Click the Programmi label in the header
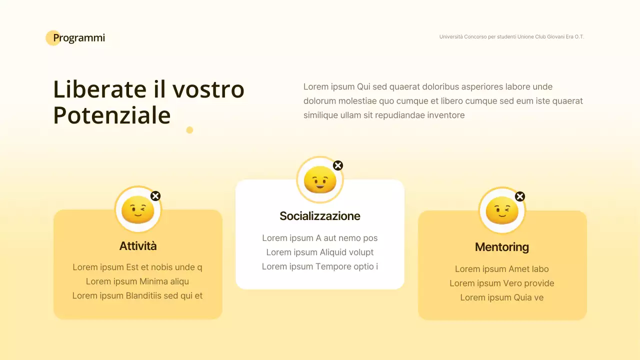point(78,38)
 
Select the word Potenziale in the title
point(112,115)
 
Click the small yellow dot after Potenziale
point(189,130)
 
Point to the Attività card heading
point(138,246)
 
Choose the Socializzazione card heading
point(320,216)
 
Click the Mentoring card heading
point(502,247)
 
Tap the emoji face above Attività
point(138,209)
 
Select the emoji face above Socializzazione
point(320,180)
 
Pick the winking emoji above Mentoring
point(502,210)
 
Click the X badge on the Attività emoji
point(155,196)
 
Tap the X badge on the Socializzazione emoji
point(338,165)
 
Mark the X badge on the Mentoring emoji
point(520,196)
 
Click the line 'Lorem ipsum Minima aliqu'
point(137,281)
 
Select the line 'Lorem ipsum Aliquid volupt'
point(320,252)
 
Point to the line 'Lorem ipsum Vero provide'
point(502,283)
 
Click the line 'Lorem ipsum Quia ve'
point(502,297)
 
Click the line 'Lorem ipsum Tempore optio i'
point(320,266)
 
